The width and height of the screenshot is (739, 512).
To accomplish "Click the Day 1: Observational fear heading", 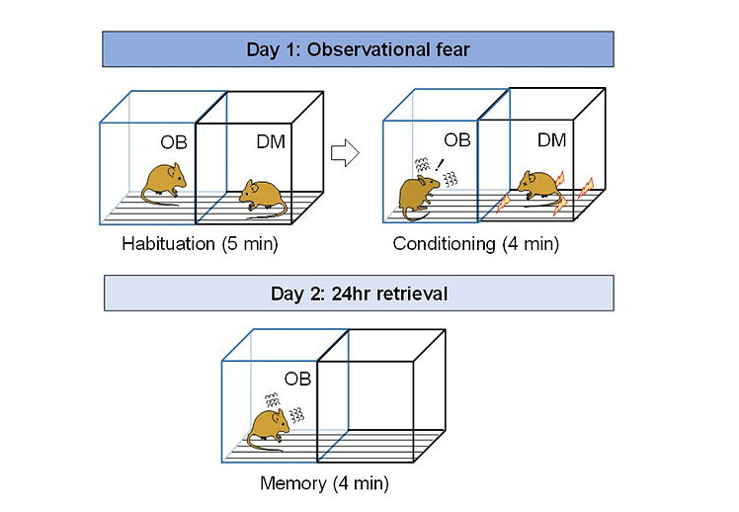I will [358, 48].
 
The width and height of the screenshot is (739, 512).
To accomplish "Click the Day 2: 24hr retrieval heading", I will [358, 293].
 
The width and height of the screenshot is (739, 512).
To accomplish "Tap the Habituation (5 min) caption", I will [185, 242].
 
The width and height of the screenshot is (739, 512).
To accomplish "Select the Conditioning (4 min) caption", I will [476, 243].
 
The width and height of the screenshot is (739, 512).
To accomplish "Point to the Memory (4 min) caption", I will [324, 483].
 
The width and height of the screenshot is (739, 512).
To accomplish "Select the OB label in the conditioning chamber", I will [456, 139].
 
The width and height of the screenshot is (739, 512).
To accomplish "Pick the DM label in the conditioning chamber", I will [552, 140].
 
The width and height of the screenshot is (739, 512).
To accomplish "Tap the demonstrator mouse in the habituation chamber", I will [259, 193].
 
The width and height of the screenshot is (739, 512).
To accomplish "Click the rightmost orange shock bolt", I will [585, 187].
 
